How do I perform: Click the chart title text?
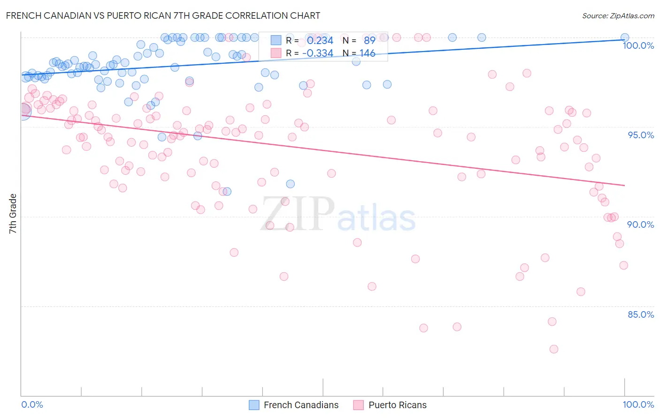coord(163,15)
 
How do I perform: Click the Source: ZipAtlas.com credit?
coord(618,16)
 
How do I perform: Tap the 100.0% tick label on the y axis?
coord(638,45)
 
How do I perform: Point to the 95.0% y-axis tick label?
coord(641,135)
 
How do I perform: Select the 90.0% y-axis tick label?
coord(641,224)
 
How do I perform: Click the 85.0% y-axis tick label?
coord(641,314)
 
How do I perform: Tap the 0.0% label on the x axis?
coord(32,404)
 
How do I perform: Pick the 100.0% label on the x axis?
coord(638,404)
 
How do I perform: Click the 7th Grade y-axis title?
coord(13,214)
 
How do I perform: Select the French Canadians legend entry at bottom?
coord(301,405)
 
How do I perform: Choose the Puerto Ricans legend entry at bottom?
coord(397,405)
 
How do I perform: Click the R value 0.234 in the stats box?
coord(320,41)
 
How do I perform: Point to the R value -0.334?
coord(317,53)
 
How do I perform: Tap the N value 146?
coord(367,53)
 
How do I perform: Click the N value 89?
coord(369,41)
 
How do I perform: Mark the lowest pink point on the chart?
coord(553,349)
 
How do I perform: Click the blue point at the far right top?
coord(625,37)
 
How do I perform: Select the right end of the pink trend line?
coord(625,186)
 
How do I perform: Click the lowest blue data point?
coord(227,192)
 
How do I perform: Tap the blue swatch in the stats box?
coord(276,40)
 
